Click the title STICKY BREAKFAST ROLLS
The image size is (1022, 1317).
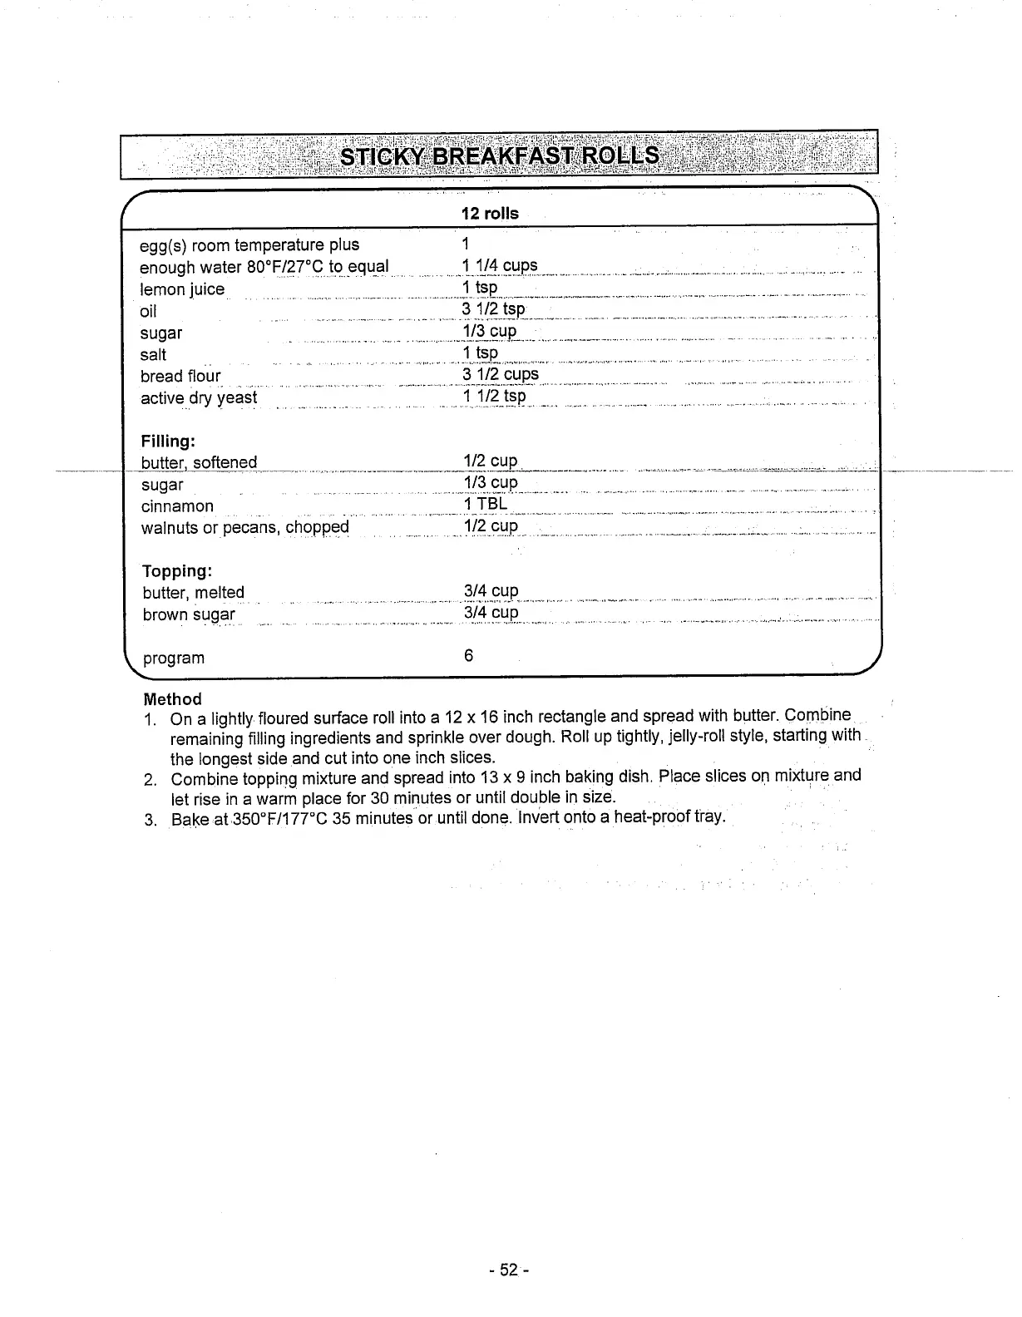500,156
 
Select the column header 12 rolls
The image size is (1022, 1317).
490,214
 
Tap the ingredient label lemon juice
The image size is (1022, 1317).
182,289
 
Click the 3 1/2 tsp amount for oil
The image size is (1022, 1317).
494,309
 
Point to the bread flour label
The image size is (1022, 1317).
180,376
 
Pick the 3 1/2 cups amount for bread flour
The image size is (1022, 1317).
501,374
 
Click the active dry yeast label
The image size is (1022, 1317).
199,397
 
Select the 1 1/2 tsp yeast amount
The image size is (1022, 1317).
494,396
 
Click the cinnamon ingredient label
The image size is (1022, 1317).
177,506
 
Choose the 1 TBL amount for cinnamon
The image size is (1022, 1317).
485,505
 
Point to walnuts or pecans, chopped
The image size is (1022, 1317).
244,528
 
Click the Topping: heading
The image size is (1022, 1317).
177,571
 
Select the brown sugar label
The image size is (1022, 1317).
189,614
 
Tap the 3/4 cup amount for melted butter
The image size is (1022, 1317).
491,591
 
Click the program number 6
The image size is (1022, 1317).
468,656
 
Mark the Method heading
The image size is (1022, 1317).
172,699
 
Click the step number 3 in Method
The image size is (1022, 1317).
150,821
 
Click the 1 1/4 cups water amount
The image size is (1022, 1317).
500,266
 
